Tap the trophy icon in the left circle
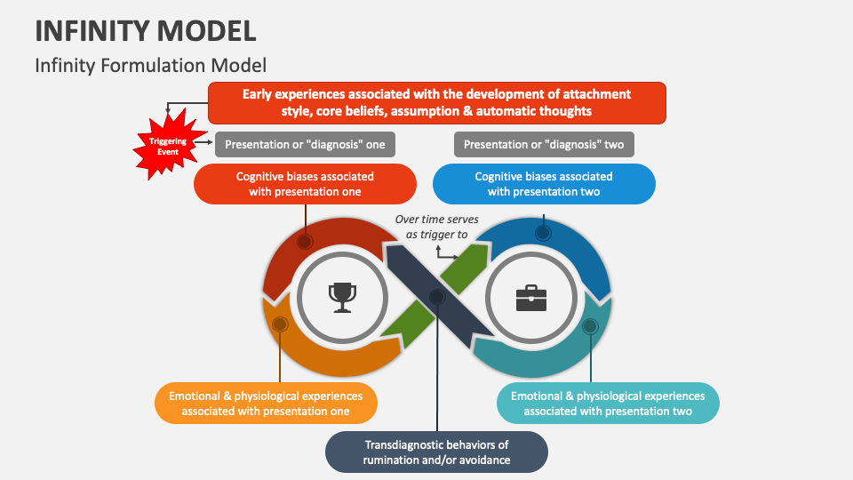pos(341,296)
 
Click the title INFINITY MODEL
pos(146,31)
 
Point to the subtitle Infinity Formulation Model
pos(150,65)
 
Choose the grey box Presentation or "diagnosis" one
pos(305,144)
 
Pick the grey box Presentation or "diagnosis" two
pos(544,144)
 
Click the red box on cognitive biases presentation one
pos(305,184)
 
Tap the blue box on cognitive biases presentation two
pos(544,184)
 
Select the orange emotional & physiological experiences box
pos(266,404)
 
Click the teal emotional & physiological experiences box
pos(608,404)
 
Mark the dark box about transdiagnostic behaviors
pos(435,452)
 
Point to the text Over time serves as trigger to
pos(436,227)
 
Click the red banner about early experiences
pos(436,102)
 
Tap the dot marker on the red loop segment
pos(305,241)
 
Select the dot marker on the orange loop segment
pos(279,324)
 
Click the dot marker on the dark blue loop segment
pos(543,233)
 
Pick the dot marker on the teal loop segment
pos(590,326)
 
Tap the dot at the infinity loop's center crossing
pos(436,296)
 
